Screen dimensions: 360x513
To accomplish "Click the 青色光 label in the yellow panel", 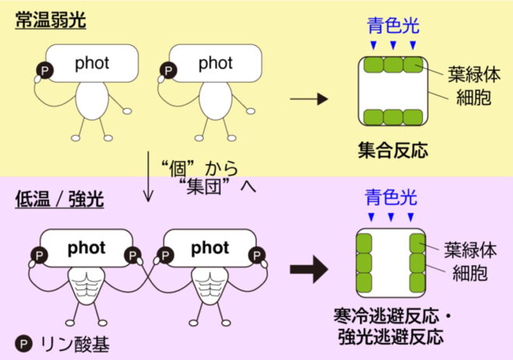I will point(393,25).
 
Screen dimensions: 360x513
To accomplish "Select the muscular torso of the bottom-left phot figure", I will point(92,288).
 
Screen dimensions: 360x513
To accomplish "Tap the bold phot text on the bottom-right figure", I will point(210,248).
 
